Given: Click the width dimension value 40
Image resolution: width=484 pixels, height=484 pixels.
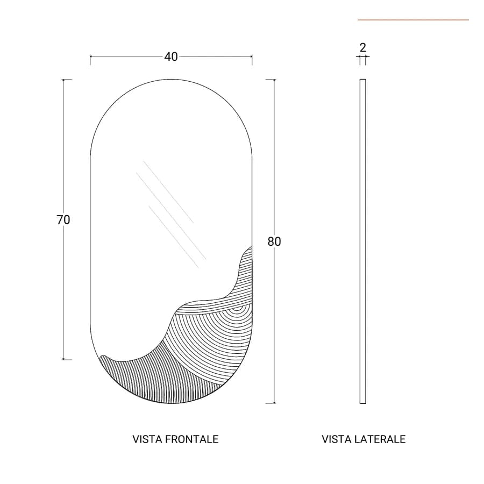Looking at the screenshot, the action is [x=171, y=57].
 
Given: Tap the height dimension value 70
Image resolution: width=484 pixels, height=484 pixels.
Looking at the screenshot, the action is [x=63, y=220].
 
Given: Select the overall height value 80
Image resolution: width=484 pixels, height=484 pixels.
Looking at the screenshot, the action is [x=274, y=241].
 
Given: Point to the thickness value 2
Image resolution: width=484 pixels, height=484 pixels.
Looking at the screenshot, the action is [x=362, y=47].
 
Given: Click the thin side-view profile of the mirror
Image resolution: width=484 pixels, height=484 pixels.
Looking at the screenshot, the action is [x=362, y=241].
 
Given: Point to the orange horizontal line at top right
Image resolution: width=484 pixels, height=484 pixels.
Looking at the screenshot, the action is [x=414, y=20].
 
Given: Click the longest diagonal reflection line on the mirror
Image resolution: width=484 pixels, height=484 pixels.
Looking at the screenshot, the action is [x=172, y=216].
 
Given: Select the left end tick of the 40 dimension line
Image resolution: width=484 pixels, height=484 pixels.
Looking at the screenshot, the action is [x=90, y=60].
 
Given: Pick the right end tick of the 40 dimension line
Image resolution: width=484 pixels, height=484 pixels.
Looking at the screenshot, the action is [x=252, y=60].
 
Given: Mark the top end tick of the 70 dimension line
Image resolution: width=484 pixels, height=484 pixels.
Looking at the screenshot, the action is [x=67, y=80].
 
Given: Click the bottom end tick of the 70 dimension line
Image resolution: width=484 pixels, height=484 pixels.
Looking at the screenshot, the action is [x=67, y=360].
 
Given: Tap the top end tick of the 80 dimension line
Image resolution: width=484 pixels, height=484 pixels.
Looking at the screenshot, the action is [x=271, y=80].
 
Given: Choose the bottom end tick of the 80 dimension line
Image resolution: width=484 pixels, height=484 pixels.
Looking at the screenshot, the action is [x=271, y=403].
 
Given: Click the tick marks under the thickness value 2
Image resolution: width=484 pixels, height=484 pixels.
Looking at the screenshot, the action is [x=362, y=60].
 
